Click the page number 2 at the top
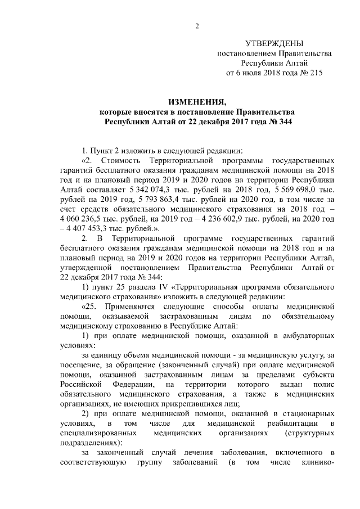pyautogui.click(x=197, y=25)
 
